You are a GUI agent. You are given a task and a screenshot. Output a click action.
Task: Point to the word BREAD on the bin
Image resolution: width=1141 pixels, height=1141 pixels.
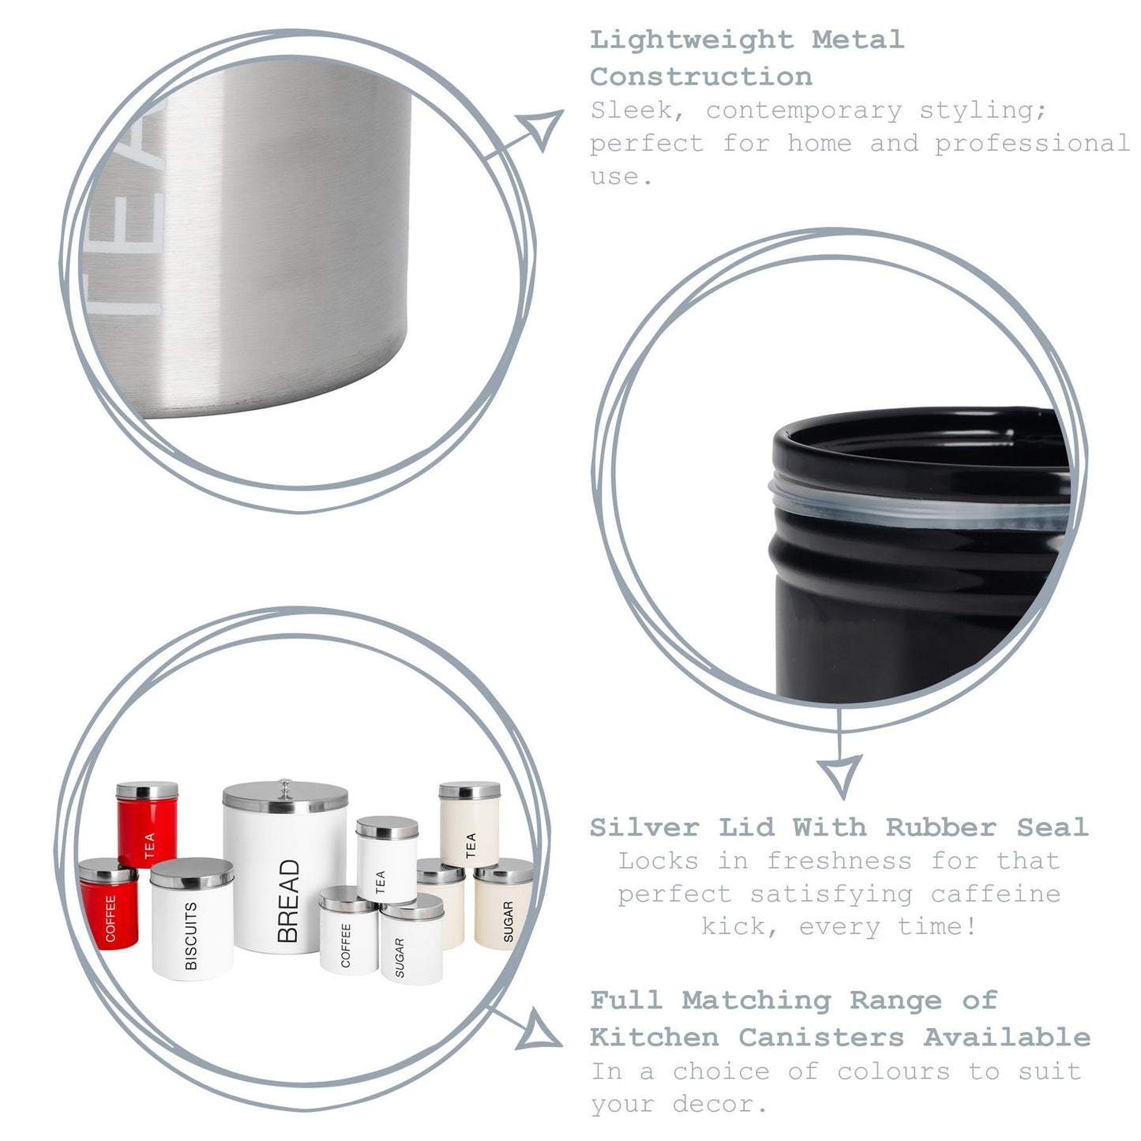coord(289,900)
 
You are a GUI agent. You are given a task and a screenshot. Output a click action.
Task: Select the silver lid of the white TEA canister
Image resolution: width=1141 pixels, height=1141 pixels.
coord(387,828)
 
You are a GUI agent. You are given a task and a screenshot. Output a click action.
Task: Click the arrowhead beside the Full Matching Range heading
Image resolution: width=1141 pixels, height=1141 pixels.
coord(539,1030)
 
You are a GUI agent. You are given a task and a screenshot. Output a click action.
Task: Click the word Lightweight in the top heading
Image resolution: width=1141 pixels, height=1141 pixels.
coord(692,39)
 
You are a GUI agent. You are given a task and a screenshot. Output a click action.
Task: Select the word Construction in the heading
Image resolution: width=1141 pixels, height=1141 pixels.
coord(700,77)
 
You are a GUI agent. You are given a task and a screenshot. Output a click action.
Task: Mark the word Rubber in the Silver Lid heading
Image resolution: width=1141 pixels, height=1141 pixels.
coord(940,827)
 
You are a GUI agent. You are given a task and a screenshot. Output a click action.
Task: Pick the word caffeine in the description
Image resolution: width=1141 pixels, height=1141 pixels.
coord(995,894)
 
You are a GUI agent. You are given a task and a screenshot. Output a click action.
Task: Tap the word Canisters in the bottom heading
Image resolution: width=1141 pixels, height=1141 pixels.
coord(821,1037)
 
